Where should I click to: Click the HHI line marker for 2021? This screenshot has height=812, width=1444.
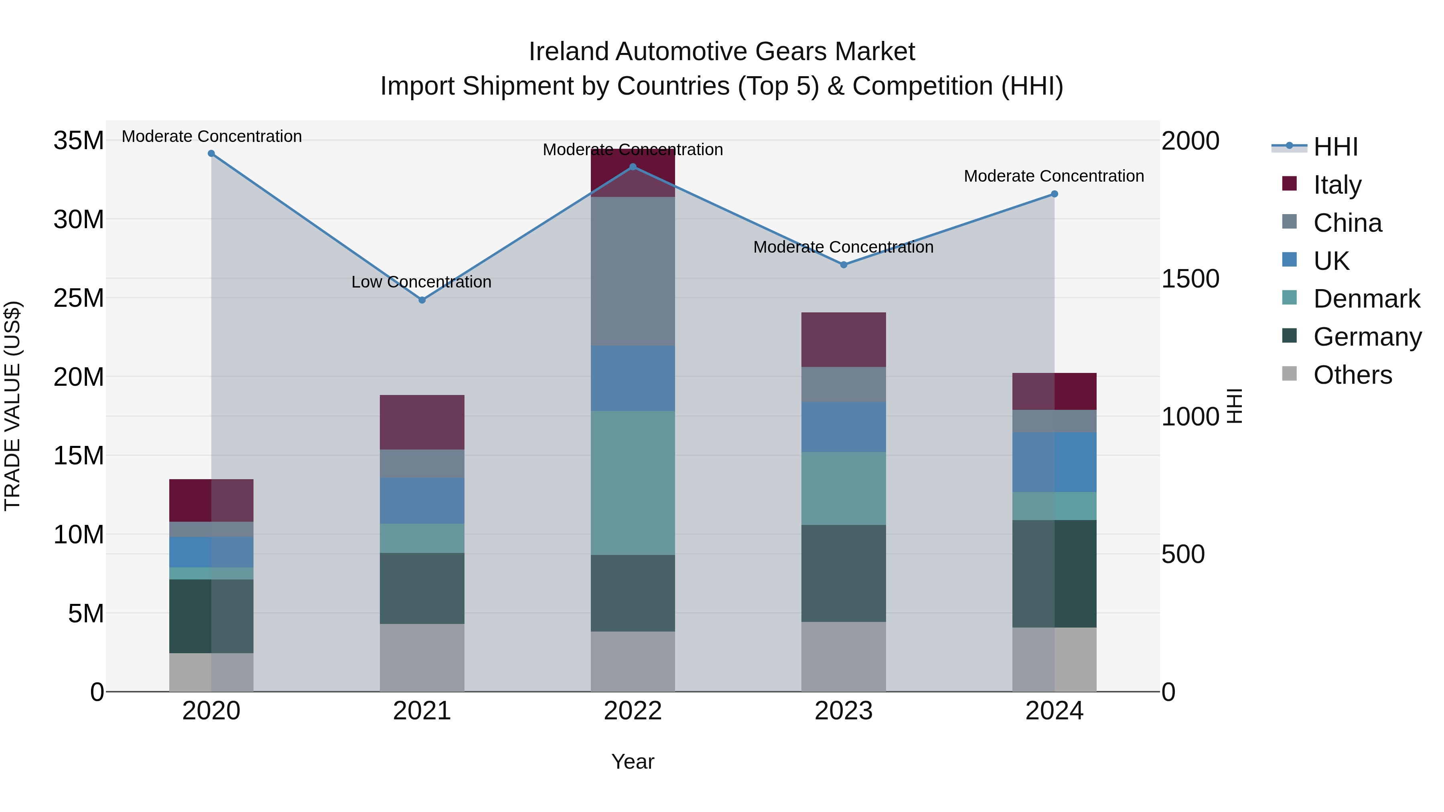pyautogui.click(x=422, y=300)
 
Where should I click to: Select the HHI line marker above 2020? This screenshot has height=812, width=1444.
pyautogui.click(x=211, y=154)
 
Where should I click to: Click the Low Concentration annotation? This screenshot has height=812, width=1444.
pyautogui.click(x=421, y=282)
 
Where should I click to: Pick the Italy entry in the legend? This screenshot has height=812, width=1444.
pyautogui.click(x=1337, y=185)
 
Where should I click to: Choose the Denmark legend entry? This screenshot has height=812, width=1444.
pyautogui.click(x=1366, y=299)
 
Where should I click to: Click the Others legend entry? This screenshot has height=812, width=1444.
pyautogui.click(x=1352, y=375)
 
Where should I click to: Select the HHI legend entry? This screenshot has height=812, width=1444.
pyautogui.click(x=1335, y=147)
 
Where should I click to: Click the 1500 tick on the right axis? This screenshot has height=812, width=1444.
pyautogui.click(x=1190, y=279)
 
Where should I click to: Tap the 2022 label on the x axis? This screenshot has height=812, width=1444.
pyautogui.click(x=633, y=711)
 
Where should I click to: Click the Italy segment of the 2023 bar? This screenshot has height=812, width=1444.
pyautogui.click(x=844, y=340)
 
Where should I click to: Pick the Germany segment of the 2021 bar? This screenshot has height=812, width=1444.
pyautogui.click(x=422, y=588)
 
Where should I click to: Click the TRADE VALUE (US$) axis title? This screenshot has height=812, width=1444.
pyautogui.click(x=12, y=406)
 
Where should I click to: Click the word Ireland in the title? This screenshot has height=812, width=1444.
pyautogui.click(x=568, y=52)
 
